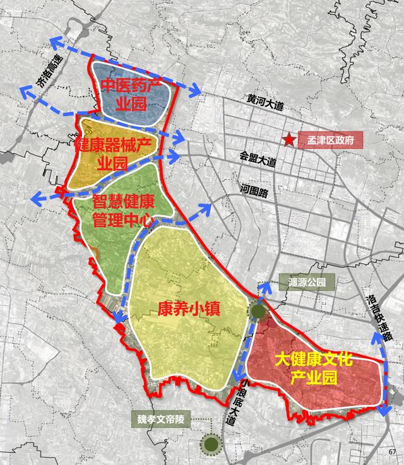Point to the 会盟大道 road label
(258, 160)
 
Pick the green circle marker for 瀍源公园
(258, 310)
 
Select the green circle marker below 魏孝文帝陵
(211, 444)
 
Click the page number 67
(393, 451)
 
